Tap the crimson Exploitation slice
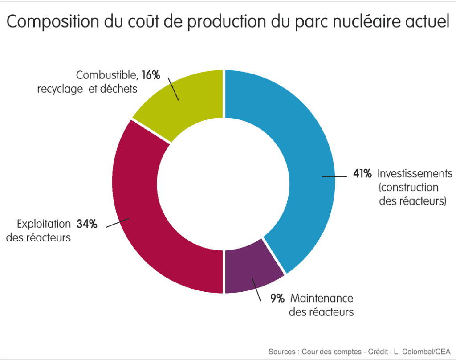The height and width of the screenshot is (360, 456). [x=142, y=214]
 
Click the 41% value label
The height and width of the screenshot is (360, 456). [x=362, y=174]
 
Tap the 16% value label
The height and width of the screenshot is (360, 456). [x=151, y=75]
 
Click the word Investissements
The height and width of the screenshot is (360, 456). [x=415, y=174]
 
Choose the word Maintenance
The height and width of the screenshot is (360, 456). [x=322, y=298]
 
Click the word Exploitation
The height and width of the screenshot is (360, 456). [x=44, y=224]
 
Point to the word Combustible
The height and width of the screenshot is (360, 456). [x=107, y=75]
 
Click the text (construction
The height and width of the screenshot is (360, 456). [x=408, y=188]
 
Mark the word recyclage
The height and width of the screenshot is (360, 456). [x=60, y=89]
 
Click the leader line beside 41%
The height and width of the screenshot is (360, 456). [x=335, y=177]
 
